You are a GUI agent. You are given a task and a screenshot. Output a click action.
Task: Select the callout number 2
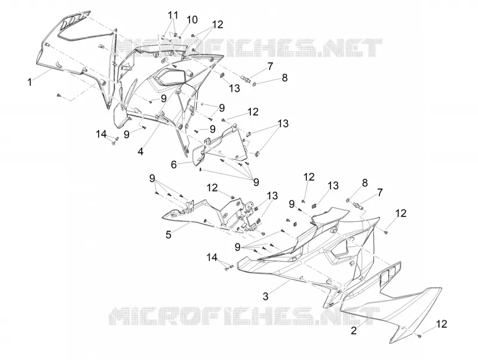[x=354, y=331]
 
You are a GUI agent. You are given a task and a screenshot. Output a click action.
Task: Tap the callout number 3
[x=265, y=296]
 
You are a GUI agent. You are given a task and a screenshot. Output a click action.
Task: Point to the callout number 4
[x=140, y=151]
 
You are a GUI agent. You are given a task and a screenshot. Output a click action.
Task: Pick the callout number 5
[x=168, y=234]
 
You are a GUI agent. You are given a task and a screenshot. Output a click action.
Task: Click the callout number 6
[x=174, y=164]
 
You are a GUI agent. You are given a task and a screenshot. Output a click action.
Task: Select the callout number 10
[x=192, y=20]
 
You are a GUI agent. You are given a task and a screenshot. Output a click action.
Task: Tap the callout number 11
[x=173, y=15]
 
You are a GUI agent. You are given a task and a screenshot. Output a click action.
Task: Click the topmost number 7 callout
[x=270, y=66]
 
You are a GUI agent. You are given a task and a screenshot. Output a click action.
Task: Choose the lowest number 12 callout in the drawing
[x=442, y=324]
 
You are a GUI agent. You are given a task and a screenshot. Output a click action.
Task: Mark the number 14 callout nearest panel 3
[x=212, y=257]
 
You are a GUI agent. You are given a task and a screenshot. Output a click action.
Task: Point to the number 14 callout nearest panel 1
[x=101, y=133]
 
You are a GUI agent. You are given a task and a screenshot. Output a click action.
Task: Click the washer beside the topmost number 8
[x=255, y=84]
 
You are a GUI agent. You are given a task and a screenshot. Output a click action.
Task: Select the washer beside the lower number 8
[x=348, y=200]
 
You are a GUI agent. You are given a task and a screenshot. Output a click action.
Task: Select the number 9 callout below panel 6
[x=256, y=182]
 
